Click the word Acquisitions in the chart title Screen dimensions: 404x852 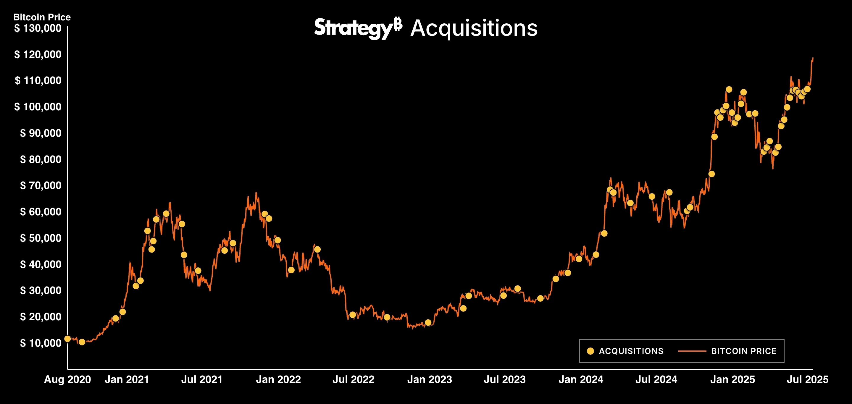pos(474,28)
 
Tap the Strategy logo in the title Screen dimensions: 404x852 pos(358,28)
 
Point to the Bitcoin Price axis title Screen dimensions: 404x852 pos(42,17)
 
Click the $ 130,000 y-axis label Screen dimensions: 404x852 pos(37,28)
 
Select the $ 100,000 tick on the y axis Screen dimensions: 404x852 pos(37,107)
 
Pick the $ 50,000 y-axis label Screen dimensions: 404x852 pos(40,238)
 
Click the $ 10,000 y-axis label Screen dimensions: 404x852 pos(40,343)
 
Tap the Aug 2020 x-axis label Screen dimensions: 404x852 pos(67,379)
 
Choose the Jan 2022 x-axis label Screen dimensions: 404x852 pos(278,379)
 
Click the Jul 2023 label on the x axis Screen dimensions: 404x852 pos(504,379)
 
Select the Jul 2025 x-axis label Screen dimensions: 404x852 pos(807,379)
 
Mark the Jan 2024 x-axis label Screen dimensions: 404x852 pos(581,379)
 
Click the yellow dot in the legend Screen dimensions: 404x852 pos(590,351)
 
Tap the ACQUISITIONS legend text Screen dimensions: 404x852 pos(631,351)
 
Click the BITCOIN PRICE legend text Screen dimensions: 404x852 pos(743,351)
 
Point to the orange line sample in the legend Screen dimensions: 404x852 pos(692,351)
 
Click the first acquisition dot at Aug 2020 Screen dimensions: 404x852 pos(67,339)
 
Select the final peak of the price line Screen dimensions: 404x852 pos(813,59)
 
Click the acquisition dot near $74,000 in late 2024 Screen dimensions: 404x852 pos(711,174)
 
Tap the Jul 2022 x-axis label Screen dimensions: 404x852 pos(353,379)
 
